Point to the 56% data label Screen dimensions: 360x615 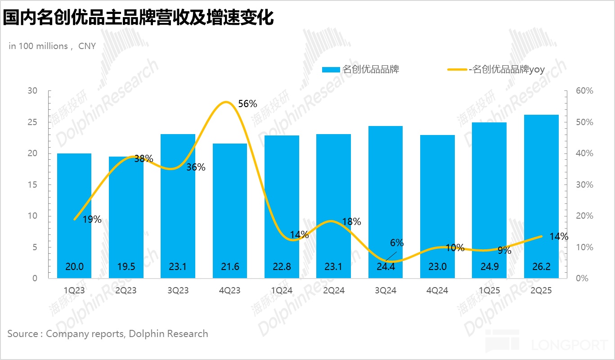click(x=247, y=104)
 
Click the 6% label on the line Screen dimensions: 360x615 click(x=397, y=243)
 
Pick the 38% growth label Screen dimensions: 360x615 click(x=144, y=158)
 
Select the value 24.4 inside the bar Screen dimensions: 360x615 click(x=386, y=266)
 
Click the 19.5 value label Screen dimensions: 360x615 click(x=126, y=266)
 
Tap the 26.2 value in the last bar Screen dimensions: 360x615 click(x=541, y=266)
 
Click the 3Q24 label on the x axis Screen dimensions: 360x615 click(x=386, y=291)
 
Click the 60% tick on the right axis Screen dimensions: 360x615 click(x=584, y=91)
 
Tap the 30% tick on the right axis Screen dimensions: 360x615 click(x=584, y=185)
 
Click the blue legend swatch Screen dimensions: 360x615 click(x=331, y=70)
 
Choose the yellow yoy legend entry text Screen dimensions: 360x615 click(x=507, y=70)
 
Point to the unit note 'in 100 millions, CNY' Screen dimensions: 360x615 click(x=52, y=46)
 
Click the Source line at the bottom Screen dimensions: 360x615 click(x=108, y=334)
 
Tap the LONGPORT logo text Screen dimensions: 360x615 click(x=569, y=345)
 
